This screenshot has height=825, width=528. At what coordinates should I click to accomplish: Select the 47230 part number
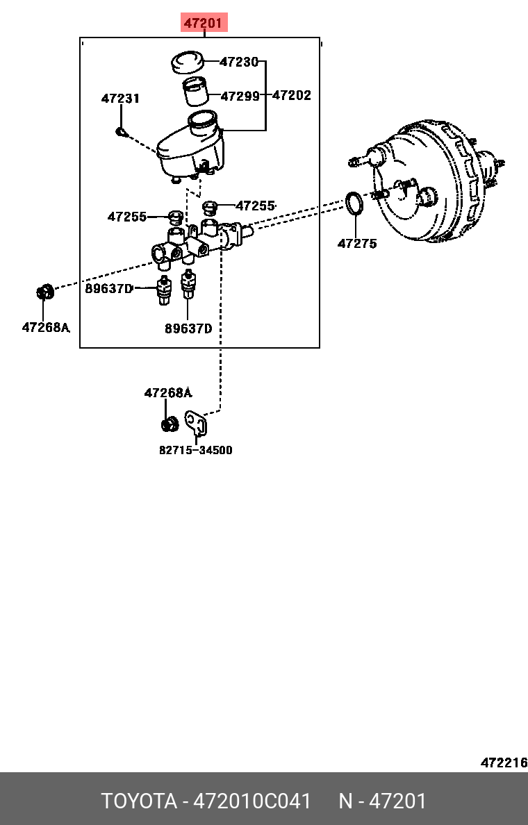(238, 62)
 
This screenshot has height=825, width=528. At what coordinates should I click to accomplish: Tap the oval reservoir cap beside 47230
(187, 62)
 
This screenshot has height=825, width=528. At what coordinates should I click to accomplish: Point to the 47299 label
(240, 96)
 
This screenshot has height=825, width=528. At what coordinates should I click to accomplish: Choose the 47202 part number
(291, 95)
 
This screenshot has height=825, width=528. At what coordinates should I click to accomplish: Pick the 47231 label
(120, 99)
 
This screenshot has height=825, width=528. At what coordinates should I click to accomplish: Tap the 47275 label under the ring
(357, 243)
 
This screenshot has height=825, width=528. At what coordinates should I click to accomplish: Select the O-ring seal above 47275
(354, 203)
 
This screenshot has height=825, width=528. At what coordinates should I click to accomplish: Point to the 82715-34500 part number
(196, 450)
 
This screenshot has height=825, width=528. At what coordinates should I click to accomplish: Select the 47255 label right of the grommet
(255, 206)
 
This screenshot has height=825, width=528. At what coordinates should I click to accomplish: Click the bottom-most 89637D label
(188, 328)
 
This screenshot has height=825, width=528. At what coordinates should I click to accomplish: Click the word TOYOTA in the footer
(139, 801)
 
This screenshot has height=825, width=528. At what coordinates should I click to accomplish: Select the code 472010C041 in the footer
(251, 801)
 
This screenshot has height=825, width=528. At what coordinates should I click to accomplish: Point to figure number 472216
(504, 762)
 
